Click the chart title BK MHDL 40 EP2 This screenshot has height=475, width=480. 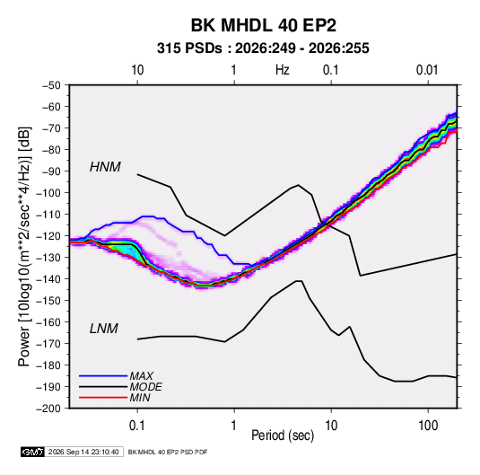point(264,25)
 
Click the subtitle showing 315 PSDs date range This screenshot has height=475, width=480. point(263,48)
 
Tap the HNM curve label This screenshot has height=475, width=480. point(105,167)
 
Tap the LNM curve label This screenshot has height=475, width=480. point(104,329)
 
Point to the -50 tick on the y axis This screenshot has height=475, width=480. point(51,85)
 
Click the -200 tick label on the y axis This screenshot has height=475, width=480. point(48,409)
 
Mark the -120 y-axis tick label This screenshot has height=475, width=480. point(48,236)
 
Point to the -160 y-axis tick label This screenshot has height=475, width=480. point(48,322)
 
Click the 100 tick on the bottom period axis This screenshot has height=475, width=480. point(428,426)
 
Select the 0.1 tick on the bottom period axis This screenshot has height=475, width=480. point(137,426)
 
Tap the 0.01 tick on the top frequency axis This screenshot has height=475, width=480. point(427,70)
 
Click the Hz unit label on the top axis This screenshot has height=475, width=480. point(283,70)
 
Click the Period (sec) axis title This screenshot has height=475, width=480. point(283,435)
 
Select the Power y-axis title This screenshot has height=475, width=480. point(24,247)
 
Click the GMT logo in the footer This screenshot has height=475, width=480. point(32,452)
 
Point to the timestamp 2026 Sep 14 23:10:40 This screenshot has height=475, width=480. point(83,452)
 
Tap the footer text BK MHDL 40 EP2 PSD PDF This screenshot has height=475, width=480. point(168,452)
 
